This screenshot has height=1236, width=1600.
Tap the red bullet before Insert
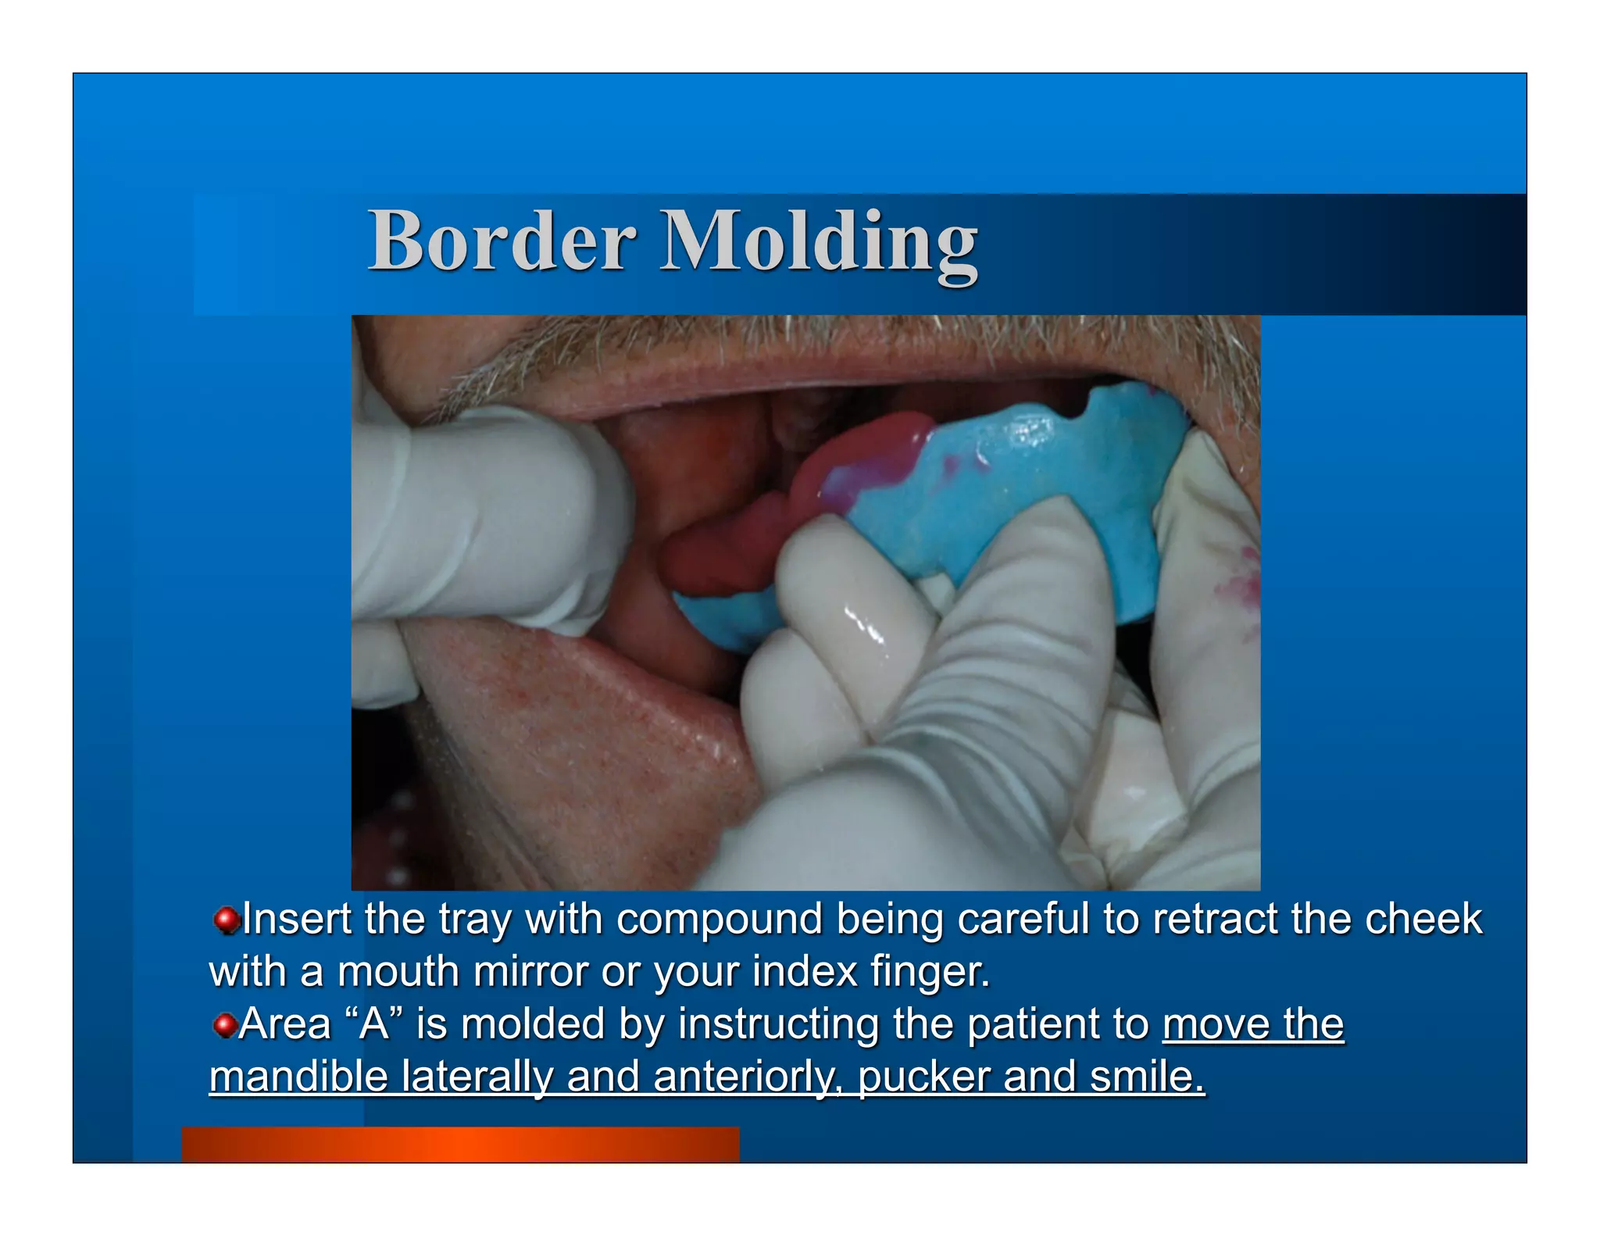[226, 920]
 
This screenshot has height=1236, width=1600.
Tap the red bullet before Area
[225, 1025]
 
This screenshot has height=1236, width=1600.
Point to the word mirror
[530, 972]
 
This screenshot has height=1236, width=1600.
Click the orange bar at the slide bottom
[460, 1145]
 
